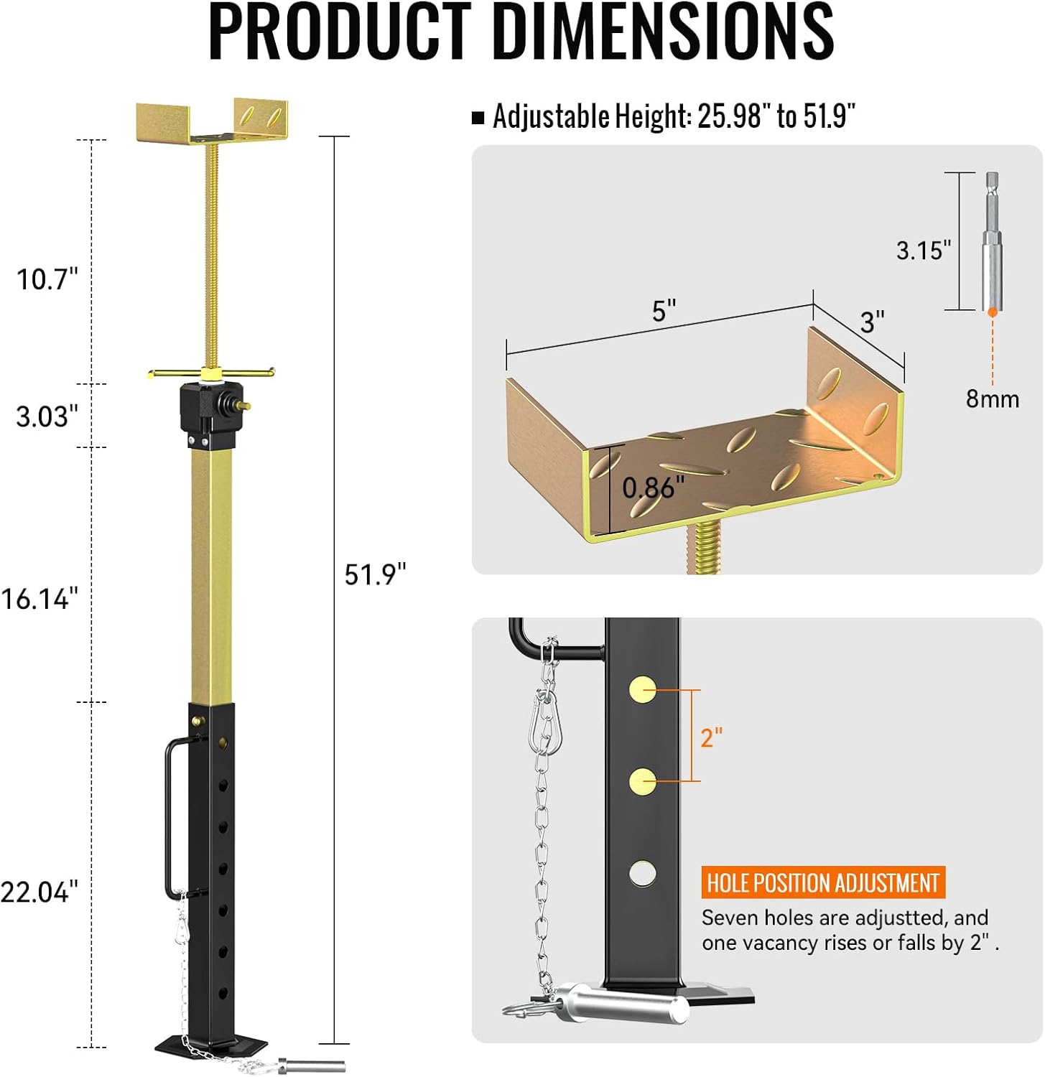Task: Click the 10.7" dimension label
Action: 47,279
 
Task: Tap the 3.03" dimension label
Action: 47,416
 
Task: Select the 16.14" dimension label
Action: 40,598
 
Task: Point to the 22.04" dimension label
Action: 40,892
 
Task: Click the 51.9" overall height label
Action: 375,574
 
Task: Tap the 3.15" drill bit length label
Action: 923,251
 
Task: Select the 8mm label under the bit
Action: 992,398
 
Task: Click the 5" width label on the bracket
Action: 664,311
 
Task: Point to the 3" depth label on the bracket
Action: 872,322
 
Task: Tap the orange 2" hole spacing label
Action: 711,737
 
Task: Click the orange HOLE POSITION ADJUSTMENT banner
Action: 822,882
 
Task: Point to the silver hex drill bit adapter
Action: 992,241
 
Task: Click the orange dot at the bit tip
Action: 992,312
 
